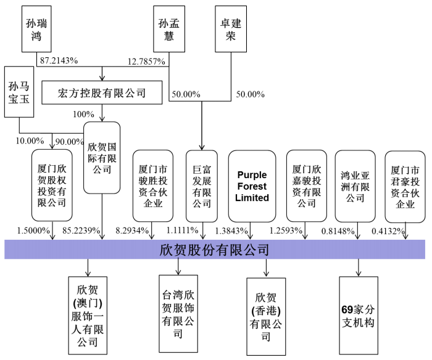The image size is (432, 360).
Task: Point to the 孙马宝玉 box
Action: [x=19, y=92]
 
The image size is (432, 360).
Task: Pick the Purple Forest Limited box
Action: [x=253, y=186]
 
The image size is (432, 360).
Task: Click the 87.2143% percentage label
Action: [x=59, y=62]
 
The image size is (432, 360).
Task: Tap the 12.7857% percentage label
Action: [x=148, y=62]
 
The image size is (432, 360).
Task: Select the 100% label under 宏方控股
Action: [x=83, y=115]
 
